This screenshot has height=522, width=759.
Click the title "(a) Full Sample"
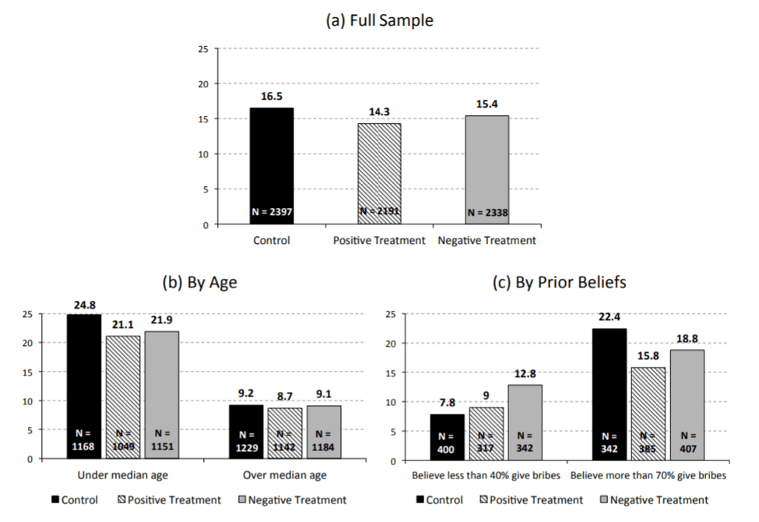[379, 21]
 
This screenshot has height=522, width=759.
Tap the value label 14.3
[380, 111]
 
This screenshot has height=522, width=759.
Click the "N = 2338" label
[487, 212]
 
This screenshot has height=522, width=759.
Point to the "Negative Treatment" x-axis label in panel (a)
[487, 241]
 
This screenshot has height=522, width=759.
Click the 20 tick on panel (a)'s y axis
[203, 84]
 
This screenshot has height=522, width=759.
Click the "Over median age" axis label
[284, 475]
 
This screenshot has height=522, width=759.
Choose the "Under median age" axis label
[122, 475]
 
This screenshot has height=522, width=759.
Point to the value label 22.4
[610, 317]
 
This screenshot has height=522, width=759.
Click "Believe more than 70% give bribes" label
[648, 475]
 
